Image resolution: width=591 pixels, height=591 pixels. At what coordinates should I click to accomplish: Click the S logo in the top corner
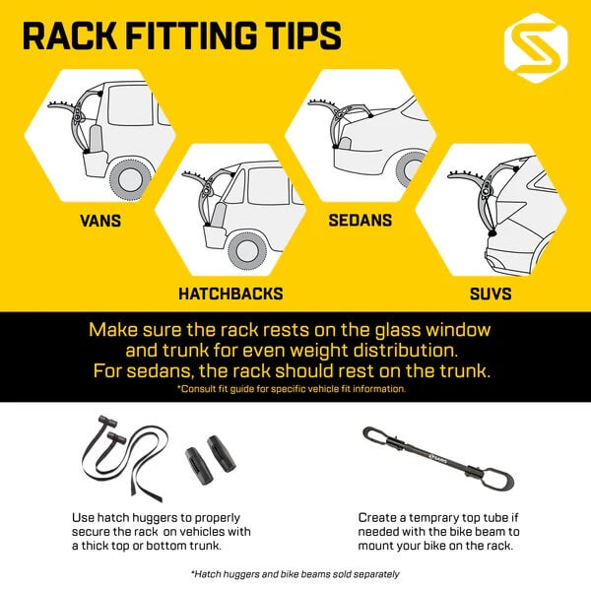536,48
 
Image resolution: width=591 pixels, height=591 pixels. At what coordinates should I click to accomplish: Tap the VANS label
100,221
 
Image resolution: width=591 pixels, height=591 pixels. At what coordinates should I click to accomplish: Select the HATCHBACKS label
230,294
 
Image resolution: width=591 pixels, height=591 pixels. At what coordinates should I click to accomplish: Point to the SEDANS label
360,220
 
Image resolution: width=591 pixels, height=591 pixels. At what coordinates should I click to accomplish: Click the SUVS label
491,294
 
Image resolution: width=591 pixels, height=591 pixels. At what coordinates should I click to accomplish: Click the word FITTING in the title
192,35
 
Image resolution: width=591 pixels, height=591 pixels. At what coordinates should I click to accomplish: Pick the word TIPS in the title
302,35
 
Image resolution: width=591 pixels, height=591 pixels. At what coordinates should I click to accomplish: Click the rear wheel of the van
130,179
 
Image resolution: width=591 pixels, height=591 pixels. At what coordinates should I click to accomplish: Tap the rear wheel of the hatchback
247,250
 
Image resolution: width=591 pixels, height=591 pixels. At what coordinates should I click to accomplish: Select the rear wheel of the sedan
410,169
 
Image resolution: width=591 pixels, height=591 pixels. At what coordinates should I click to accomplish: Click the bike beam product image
438,458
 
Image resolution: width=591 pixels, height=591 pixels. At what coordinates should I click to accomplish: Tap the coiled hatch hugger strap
124,458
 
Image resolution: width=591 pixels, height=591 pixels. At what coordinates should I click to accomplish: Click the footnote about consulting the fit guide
292,389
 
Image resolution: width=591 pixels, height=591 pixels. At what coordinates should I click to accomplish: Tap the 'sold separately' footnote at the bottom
295,574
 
